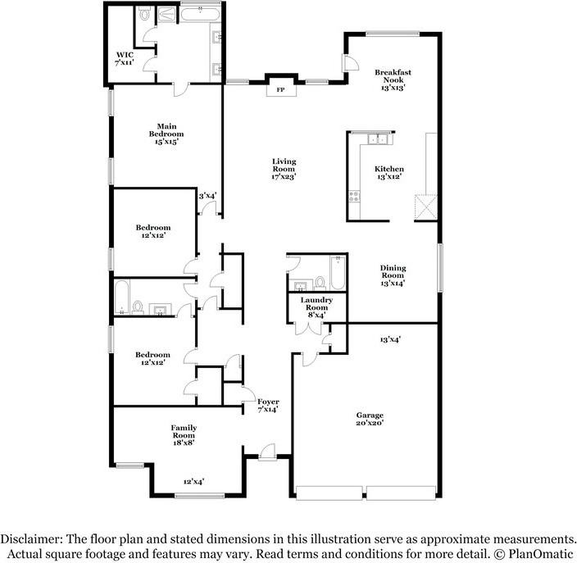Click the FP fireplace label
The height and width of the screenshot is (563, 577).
click(x=280, y=89)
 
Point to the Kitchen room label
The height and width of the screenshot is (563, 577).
click(x=389, y=169)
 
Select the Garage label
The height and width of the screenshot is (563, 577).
click(x=370, y=415)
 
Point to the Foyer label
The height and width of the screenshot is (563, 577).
click(x=268, y=402)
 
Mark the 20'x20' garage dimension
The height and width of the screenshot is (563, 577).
click(x=370, y=423)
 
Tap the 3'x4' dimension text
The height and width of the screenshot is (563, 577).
click(x=207, y=195)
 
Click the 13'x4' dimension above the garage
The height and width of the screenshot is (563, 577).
click(x=390, y=338)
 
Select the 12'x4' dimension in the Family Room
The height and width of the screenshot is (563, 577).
click(x=193, y=482)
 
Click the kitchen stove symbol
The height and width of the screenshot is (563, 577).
click(x=355, y=196)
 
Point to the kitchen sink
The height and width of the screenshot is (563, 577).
click(x=378, y=139)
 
